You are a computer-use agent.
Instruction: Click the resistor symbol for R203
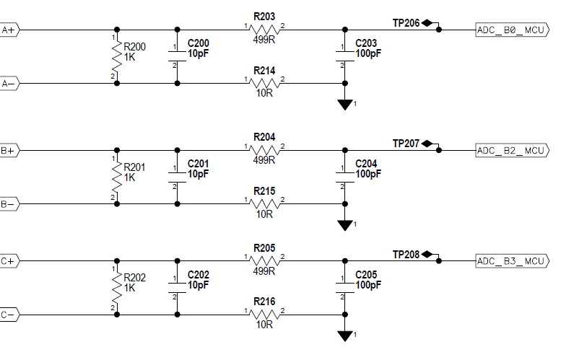click(264, 30)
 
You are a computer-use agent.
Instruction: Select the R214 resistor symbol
click(264, 84)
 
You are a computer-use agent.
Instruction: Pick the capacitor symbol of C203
click(344, 56)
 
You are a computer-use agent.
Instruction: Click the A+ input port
click(11, 30)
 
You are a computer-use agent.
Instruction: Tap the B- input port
click(11, 204)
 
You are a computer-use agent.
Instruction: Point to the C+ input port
click(11, 260)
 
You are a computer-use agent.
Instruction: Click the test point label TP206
click(406, 23)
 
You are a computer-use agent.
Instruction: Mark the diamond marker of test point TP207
click(427, 144)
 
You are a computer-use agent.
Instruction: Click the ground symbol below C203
click(344, 105)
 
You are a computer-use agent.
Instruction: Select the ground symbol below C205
click(344, 335)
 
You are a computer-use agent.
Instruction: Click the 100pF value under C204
click(369, 174)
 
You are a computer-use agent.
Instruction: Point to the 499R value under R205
click(264, 271)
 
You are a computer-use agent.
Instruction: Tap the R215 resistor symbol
click(264, 204)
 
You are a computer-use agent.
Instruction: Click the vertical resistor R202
click(117, 288)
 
